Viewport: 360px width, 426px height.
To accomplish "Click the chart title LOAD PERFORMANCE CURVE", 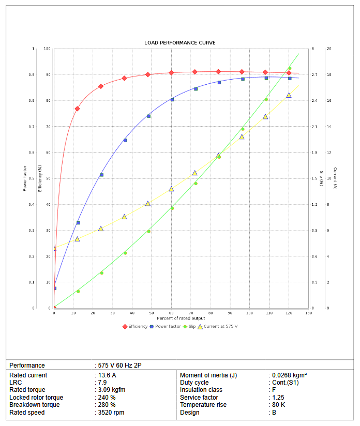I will click(x=179, y=42).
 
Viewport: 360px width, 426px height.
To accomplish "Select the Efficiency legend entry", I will click(x=135, y=326).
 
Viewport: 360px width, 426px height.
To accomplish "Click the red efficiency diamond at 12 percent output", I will click(x=77, y=109).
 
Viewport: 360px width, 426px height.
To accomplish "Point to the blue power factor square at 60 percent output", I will click(x=172, y=99).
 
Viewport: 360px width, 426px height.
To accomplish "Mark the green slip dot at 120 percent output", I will click(x=290, y=68).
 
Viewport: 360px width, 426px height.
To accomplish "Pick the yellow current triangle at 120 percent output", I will click(x=289, y=95).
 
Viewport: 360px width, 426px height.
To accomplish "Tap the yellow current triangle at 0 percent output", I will click(x=54, y=249).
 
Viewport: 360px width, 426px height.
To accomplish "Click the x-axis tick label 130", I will click(x=309, y=313).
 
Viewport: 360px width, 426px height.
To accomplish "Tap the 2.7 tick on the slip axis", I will click(x=314, y=75).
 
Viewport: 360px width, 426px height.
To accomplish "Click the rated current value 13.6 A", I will click(x=107, y=375).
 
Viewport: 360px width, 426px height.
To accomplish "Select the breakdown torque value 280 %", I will click(x=107, y=405).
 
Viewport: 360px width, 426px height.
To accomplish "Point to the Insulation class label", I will click(x=201, y=390).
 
